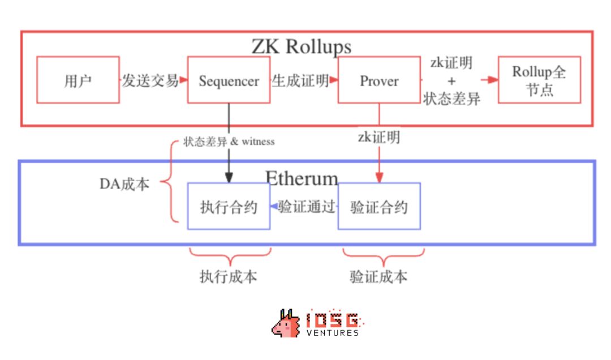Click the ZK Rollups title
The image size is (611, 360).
click(301, 47)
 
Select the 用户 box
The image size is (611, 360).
click(78, 80)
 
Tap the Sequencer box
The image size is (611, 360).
click(229, 80)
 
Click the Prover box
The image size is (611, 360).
click(379, 80)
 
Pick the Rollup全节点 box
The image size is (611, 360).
click(539, 80)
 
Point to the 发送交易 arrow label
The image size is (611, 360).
click(150, 81)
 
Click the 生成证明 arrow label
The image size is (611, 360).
click(300, 81)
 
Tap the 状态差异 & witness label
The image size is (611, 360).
click(229, 141)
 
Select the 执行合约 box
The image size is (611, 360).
click(229, 206)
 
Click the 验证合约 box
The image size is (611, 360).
click(379, 206)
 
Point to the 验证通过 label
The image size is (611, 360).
click(307, 207)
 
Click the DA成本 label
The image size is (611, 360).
click(124, 184)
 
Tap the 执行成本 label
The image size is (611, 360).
click(229, 277)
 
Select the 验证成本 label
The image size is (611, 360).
click(378, 277)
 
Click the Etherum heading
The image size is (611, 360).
click(302, 178)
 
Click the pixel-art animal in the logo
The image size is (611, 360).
click(286, 324)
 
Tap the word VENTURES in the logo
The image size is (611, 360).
click(333, 333)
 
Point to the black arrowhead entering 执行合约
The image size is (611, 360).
click(229, 178)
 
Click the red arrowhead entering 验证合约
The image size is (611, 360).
click(379, 178)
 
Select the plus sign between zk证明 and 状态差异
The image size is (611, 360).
click(451, 81)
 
